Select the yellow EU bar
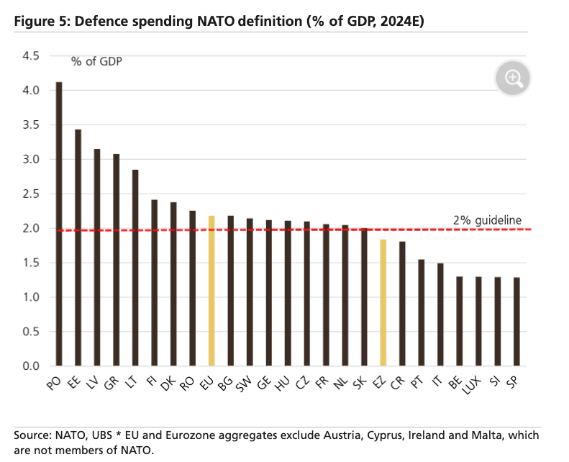point(211,291)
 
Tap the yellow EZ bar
point(383,303)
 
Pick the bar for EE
point(78,248)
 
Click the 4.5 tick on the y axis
point(31,56)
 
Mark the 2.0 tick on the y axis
point(31,229)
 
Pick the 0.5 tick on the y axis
point(31,332)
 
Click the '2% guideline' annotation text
point(488,220)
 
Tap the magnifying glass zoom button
point(513,78)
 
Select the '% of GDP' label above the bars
point(96,61)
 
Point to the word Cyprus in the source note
point(397,436)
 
